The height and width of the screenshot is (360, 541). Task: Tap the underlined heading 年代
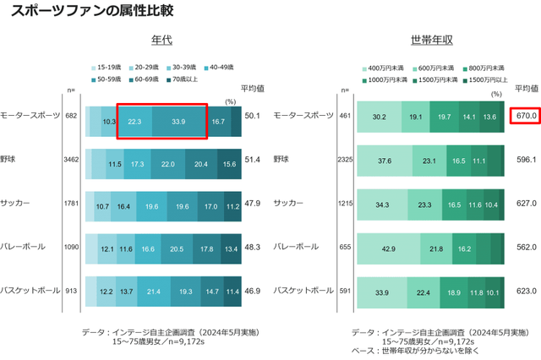click(161, 40)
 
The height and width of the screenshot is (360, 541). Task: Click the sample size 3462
click(71, 158)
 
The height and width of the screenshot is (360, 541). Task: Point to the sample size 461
click(345, 115)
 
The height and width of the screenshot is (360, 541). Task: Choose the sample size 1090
click(71, 247)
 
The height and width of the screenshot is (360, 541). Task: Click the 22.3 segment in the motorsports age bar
click(134, 121)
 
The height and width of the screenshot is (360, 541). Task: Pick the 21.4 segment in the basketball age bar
click(153, 290)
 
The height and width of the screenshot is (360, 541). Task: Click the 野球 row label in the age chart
click(8, 158)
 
